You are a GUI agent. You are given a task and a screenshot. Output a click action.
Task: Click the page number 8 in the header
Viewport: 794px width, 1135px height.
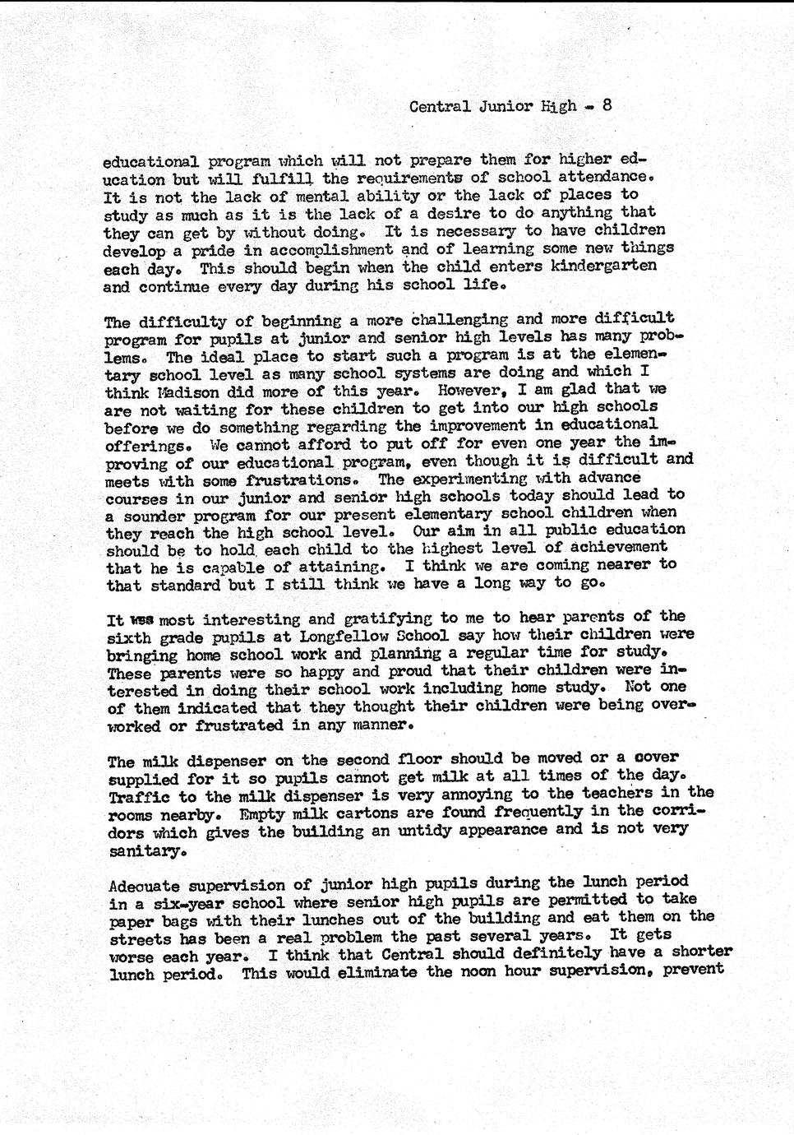click(607, 104)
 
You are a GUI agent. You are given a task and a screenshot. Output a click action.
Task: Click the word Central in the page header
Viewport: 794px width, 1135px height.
click(440, 106)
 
